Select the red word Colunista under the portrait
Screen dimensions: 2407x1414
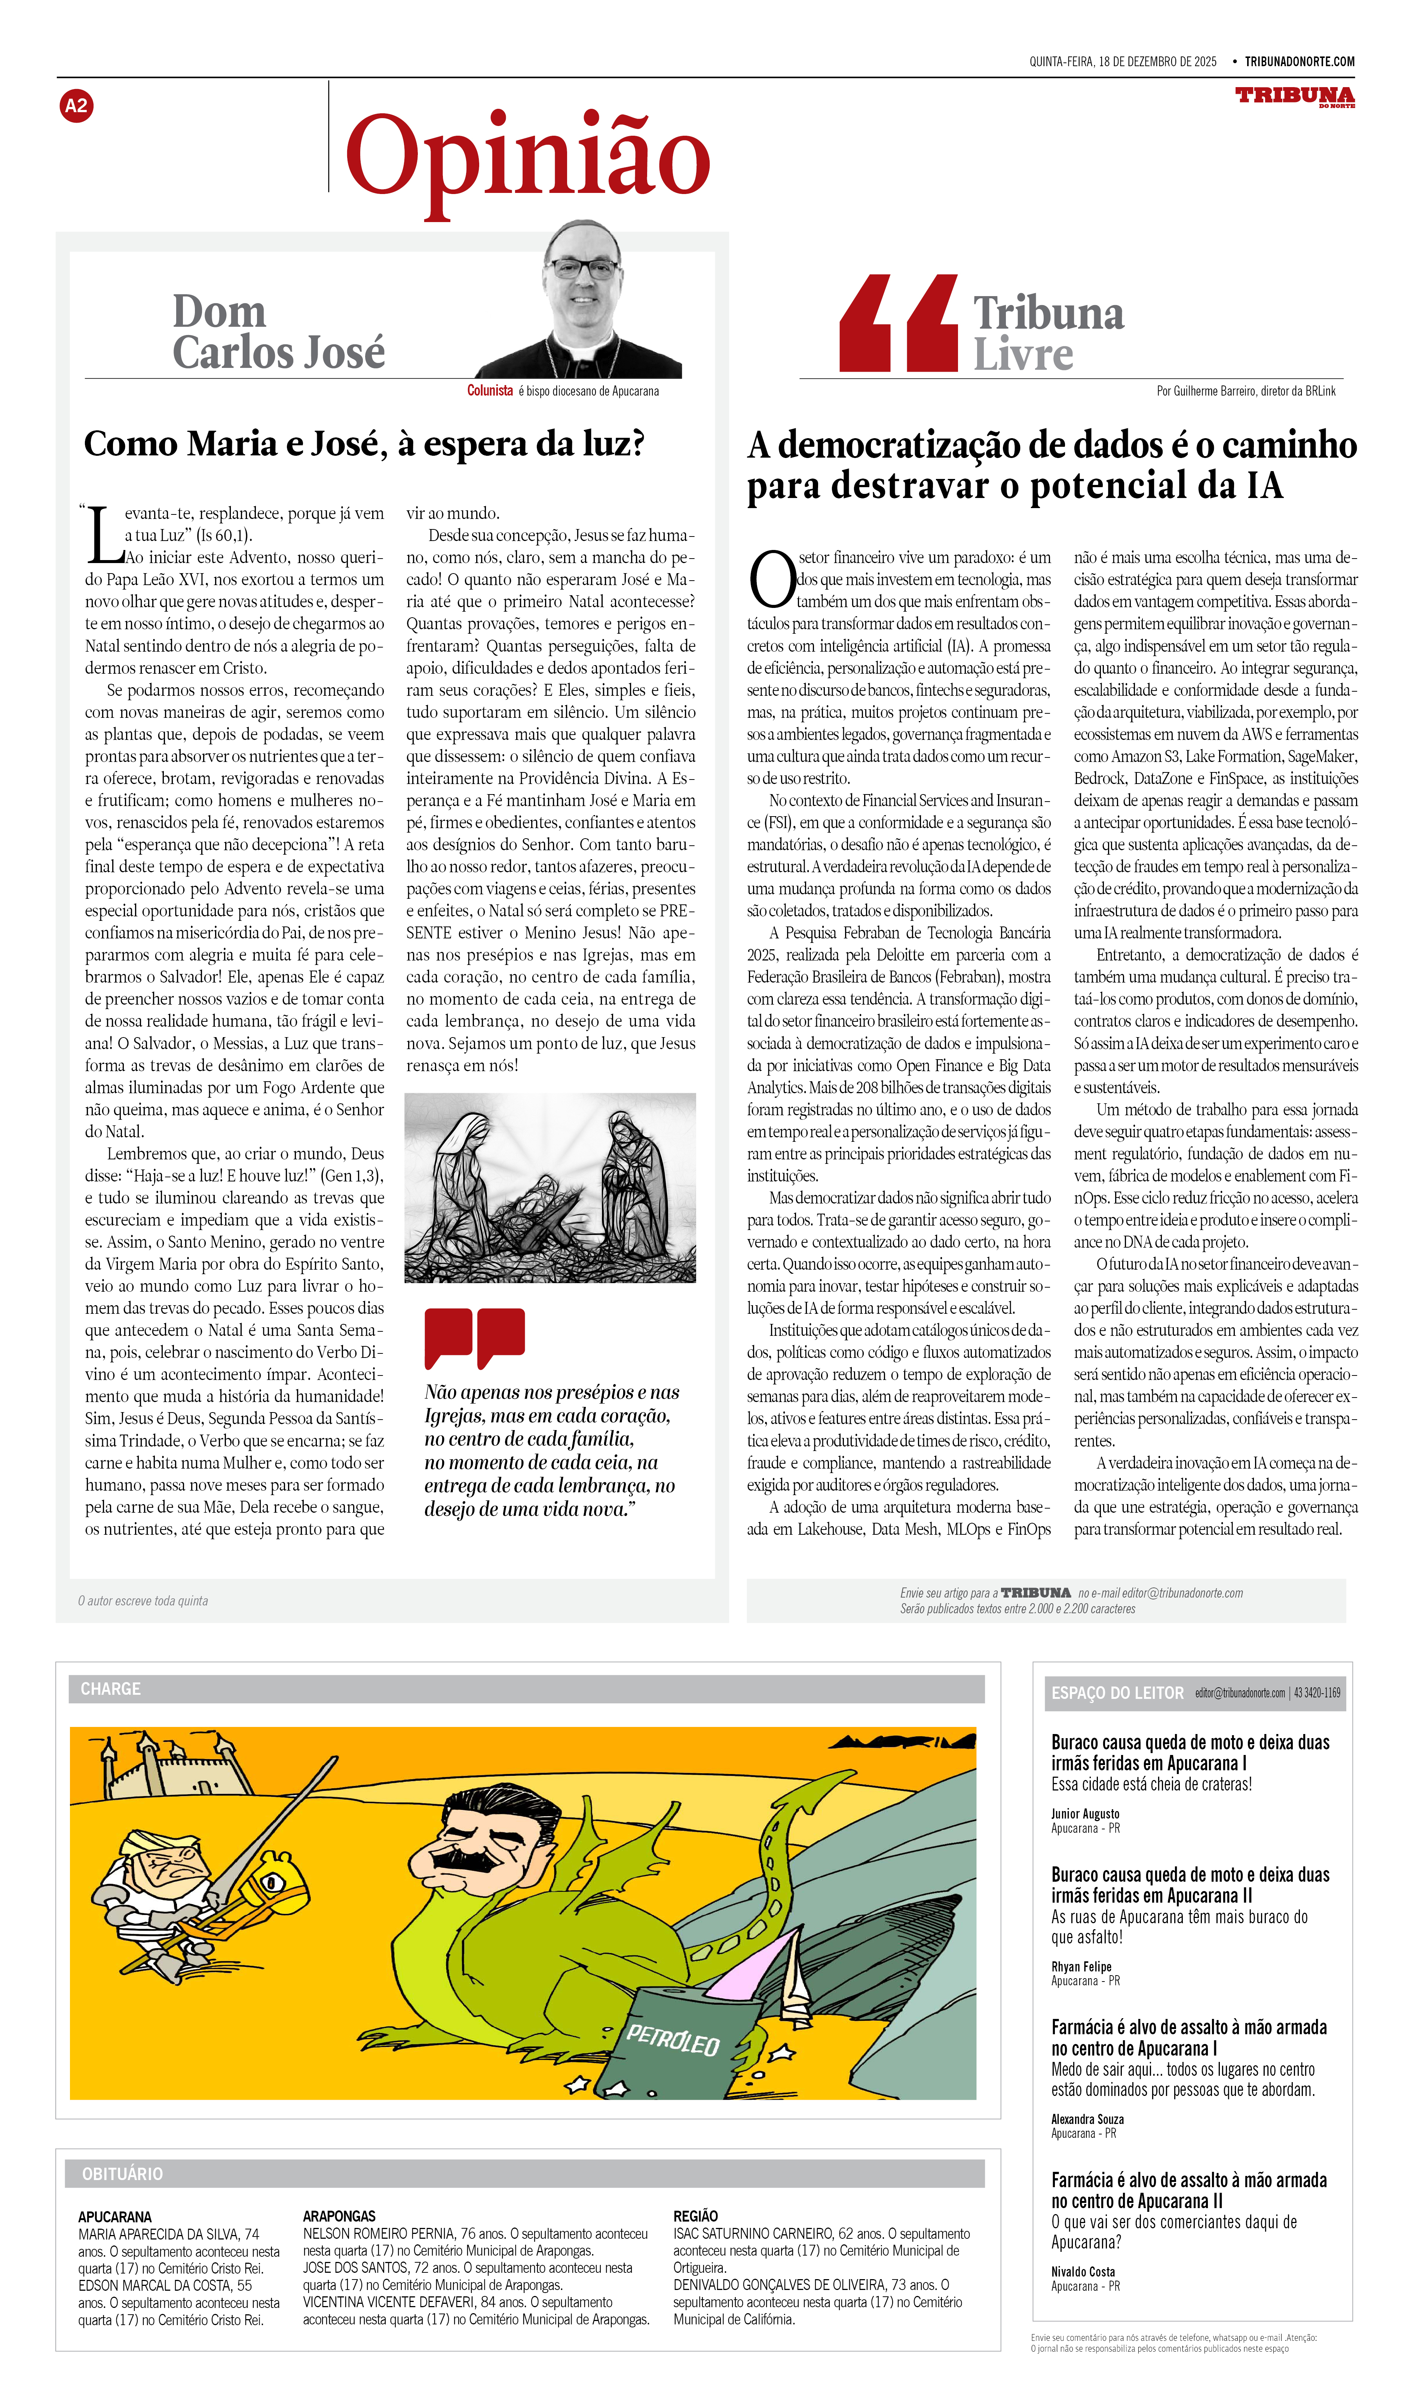coord(489,391)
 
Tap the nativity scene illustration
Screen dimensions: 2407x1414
coord(550,1187)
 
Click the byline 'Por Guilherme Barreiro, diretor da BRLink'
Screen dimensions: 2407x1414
coord(1246,391)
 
